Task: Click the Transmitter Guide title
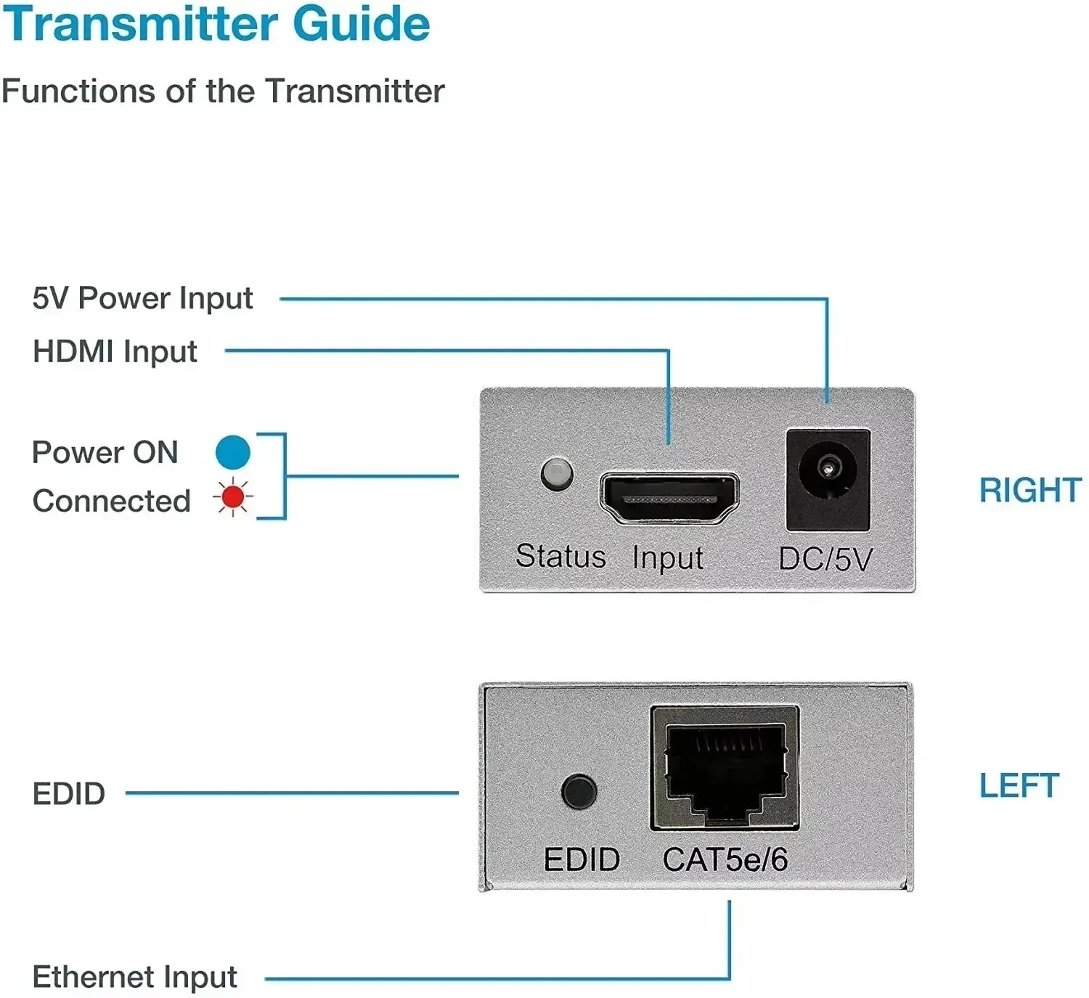click(x=216, y=23)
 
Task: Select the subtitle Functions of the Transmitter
click(x=222, y=91)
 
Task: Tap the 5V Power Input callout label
click(x=142, y=298)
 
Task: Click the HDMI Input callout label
click(x=115, y=352)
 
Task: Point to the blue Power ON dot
click(x=233, y=452)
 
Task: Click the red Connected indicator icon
click(x=233, y=498)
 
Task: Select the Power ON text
click(x=105, y=453)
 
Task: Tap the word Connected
click(x=112, y=501)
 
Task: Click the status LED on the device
click(x=557, y=474)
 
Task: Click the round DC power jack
click(x=827, y=470)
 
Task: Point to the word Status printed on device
click(x=560, y=557)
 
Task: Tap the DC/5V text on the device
click(x=825, y=560)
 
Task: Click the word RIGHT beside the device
click(x=1029, y=490)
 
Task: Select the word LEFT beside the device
click(x=1019, y=785)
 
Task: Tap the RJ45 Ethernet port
click(x=725, y=769)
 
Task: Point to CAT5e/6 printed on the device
click(x=725, y=860)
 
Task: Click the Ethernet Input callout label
click(x=135, y=977)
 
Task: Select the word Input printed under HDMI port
click(x=667, y=558)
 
